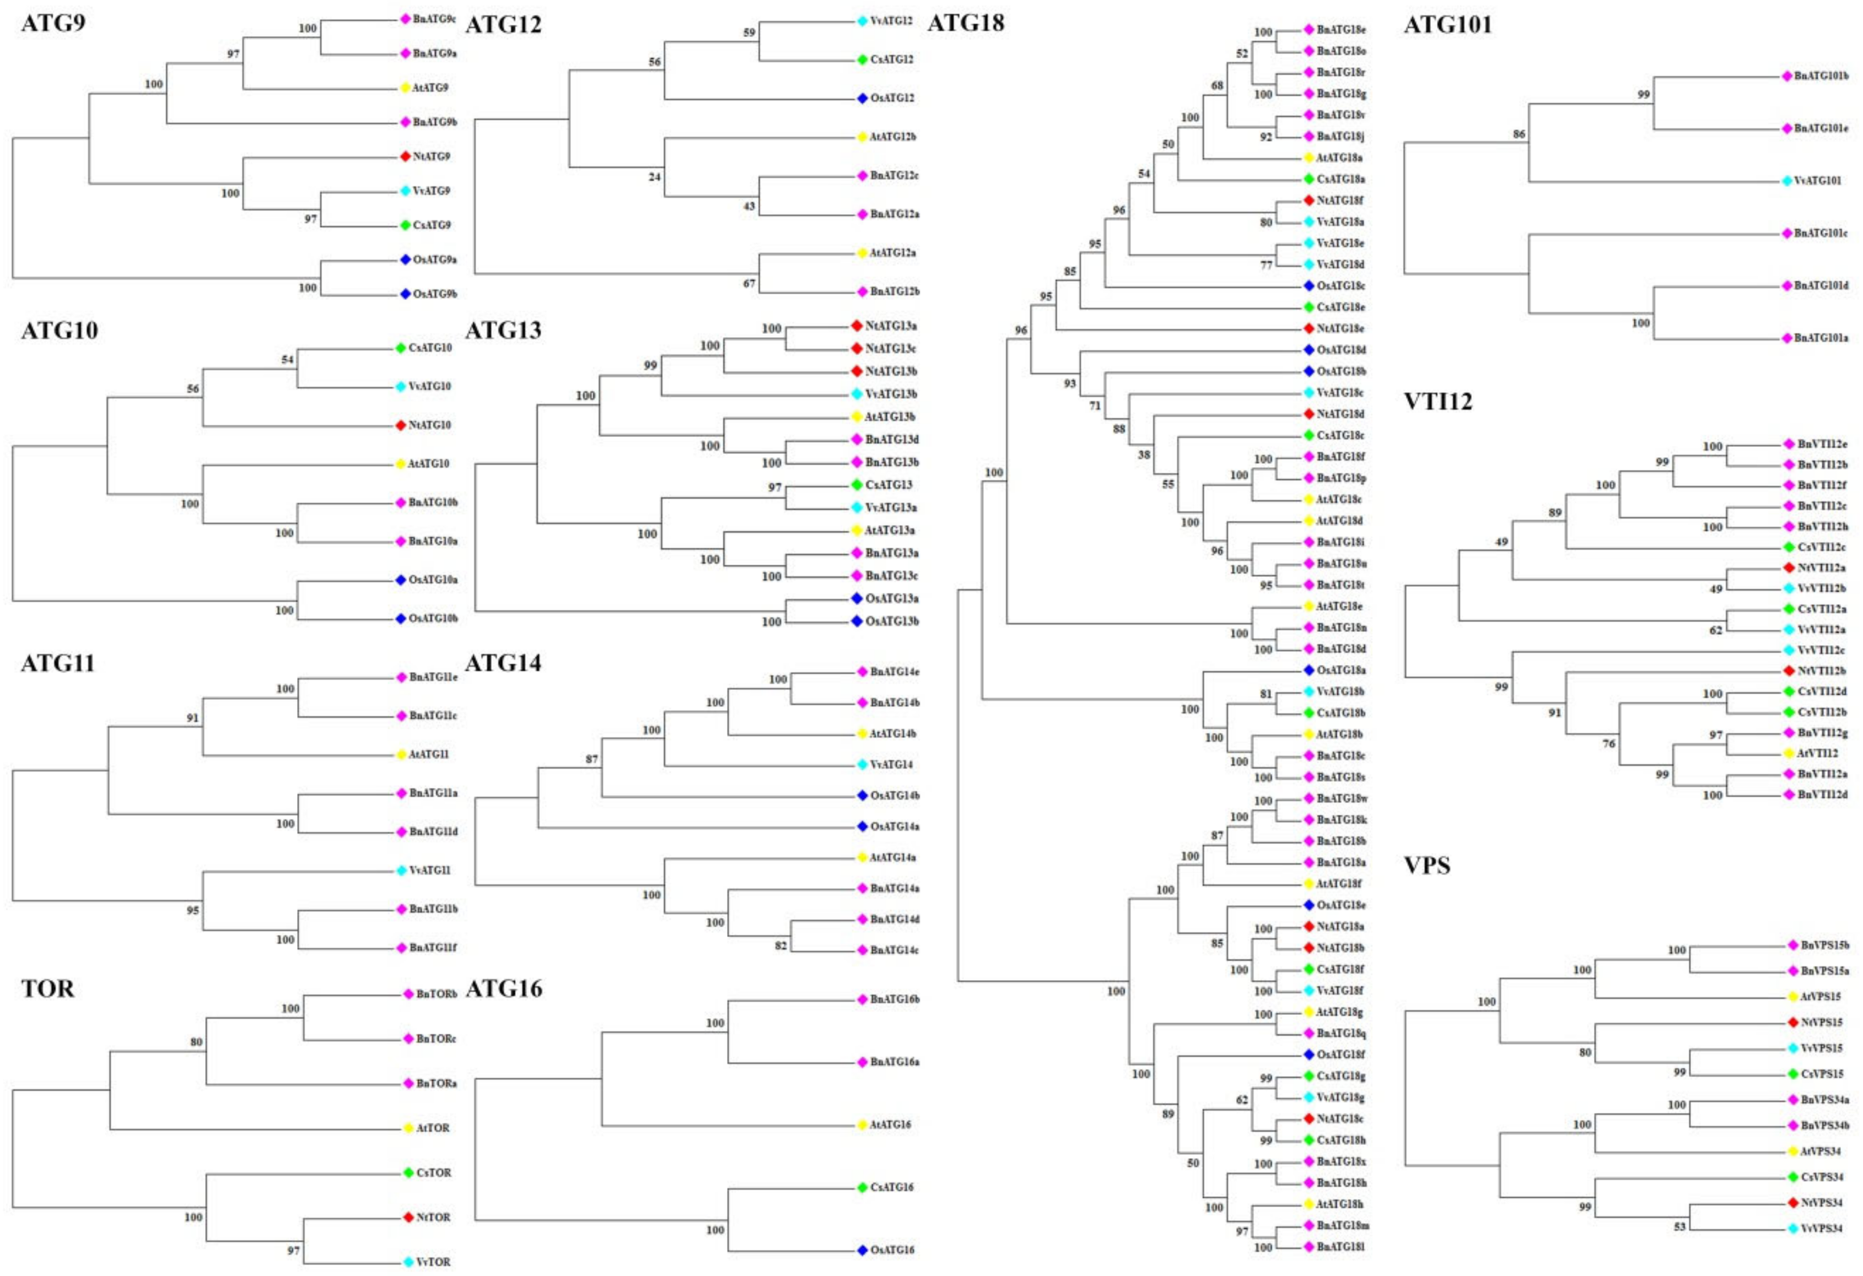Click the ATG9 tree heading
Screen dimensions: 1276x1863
(53, 23)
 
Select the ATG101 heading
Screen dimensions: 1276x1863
(1448, 25)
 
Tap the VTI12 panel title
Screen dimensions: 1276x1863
(1438, 401)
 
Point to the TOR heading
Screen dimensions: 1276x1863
(47, 988)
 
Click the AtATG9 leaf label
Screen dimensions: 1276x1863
(430, 88)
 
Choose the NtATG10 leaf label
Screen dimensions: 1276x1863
(430, 425)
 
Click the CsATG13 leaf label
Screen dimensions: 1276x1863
(888, 485)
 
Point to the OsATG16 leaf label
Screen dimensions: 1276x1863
(892, 1250)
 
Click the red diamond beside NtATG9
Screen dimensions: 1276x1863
(406, 156)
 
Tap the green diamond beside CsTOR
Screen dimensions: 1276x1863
(408, 1172)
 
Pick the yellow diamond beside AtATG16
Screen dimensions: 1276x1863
(863, 1124)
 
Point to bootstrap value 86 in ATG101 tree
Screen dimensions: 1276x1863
(1519, 134)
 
